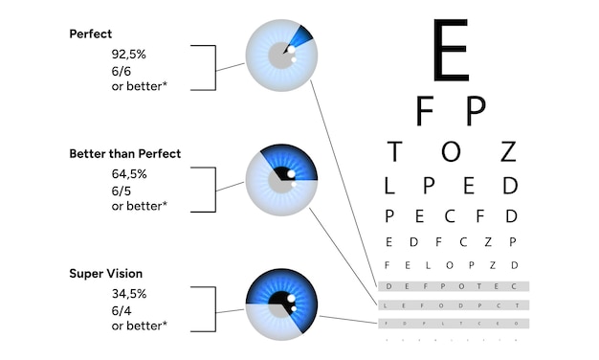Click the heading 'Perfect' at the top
click(x=91, y=34)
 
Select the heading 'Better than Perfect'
click(x=124, y=153)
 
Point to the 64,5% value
click(x=129, y=174)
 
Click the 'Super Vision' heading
click(x=105, y=274)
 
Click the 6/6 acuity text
click(x=122, y=71)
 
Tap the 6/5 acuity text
click(x=122, y=190)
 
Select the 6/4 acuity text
click(x=122, y=310)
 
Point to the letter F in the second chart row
click(x=426, y=112)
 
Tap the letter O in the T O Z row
click(x=451, y=151)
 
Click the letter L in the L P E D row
click(x=389, y=185)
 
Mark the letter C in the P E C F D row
click(x=450, y=215)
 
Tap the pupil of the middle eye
click(x=283, y=175)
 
